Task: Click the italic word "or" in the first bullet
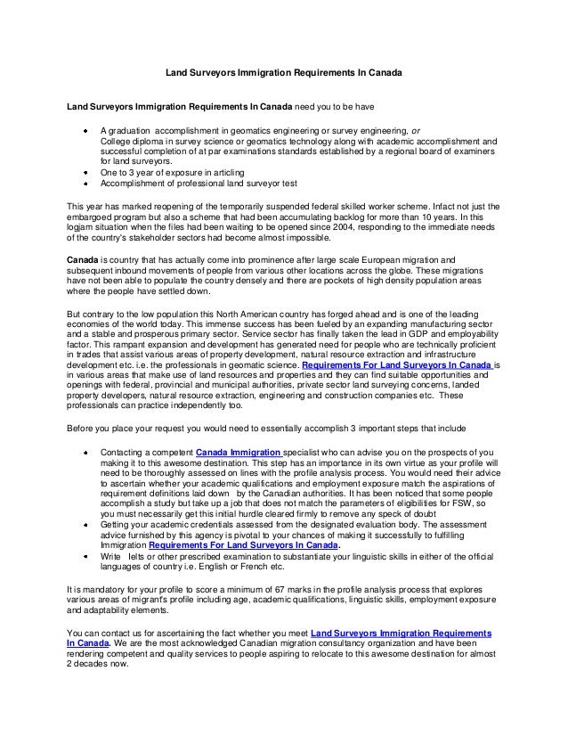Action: (416, 131)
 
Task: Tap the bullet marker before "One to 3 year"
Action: (85, 172)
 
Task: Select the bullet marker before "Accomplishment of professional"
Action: (85, 183)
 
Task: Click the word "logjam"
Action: (83, 227)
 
